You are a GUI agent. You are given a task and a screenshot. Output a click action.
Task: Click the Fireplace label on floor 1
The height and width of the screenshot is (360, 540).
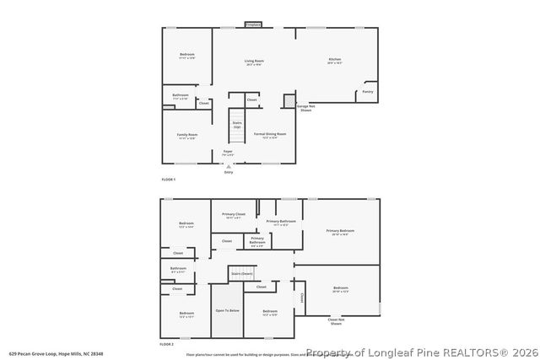[x=253, y=25]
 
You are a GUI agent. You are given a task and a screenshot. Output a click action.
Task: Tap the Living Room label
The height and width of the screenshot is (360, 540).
[x=254, y=62]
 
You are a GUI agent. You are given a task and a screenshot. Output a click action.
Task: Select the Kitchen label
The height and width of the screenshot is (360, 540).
[x=335, y=60]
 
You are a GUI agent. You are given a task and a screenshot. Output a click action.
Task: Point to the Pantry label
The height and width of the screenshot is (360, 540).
[x=368, y=91]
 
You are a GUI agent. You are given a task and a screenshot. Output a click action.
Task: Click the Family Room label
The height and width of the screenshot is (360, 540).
[x=186, y=135]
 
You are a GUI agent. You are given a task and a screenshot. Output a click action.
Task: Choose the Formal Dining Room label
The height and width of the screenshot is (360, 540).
[x=270, y=134]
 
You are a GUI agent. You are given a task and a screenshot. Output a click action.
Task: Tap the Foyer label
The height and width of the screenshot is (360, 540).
[x=228, y=152]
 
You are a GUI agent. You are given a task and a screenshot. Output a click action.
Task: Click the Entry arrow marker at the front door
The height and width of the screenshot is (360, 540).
[x=228, y=166]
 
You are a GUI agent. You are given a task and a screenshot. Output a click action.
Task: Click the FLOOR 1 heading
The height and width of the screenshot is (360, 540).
[x=168, y=180]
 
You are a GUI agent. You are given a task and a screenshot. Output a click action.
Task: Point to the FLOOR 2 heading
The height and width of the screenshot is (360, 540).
[x=167, y=344]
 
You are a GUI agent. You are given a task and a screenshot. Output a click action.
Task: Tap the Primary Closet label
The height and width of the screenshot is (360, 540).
[x=233, y=215]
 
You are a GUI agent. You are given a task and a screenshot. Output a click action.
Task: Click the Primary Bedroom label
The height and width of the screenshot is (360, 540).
[x=341, y=231]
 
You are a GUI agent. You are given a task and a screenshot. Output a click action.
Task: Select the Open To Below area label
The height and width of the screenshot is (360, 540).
[x=227, y=310]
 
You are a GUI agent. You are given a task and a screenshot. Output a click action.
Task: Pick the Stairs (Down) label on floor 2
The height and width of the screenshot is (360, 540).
[x=241, y=274]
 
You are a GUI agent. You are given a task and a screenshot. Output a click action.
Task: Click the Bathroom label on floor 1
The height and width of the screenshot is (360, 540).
[x=181, y=95]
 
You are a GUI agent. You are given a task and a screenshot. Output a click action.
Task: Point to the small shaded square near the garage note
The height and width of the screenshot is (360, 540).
[x=289, y=99]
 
